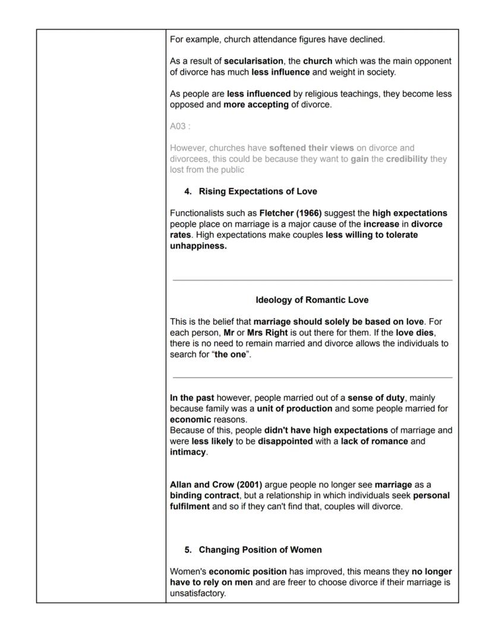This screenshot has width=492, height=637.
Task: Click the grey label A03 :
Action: pos(180,126)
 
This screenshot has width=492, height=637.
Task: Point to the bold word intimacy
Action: pos(188,451)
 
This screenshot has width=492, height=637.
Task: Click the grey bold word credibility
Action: pos(406,159)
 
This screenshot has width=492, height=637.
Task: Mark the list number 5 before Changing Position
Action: pos(188,550)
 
